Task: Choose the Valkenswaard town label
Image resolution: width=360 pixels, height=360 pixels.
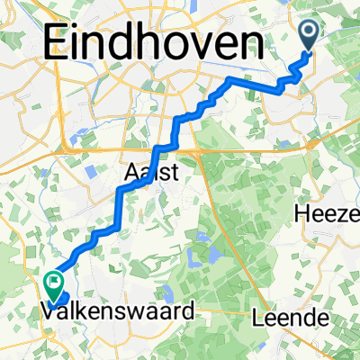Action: (118, 312)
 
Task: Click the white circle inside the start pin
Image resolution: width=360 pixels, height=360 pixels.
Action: (308, 31)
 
